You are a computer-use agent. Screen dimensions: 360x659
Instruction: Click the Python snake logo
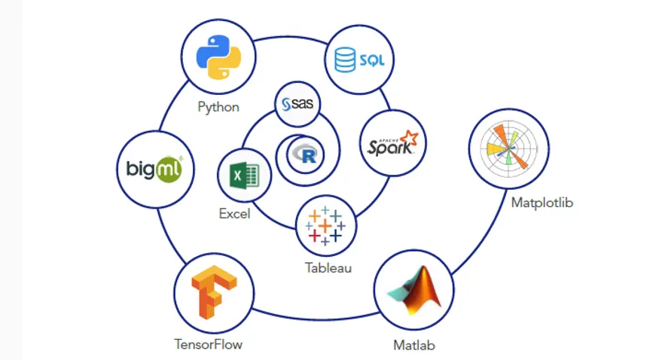tap(218, 58)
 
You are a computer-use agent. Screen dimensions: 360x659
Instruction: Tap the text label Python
tap(218, 107)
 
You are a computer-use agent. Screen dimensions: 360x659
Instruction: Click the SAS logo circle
tap(297, 105)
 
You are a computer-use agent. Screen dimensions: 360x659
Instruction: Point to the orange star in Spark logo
tap(409, 136)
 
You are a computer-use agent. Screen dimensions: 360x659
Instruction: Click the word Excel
tap(234, 214)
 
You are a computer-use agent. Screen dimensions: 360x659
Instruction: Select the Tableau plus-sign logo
tap(325, 225)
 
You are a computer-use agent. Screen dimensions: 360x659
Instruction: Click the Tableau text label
tap(328, 267)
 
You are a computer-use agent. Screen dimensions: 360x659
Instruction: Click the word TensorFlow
tap(209, 345)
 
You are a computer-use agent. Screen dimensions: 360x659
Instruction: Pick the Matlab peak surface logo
tap(413, 291)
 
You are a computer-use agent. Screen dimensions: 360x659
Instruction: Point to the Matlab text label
tap(413, 346)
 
